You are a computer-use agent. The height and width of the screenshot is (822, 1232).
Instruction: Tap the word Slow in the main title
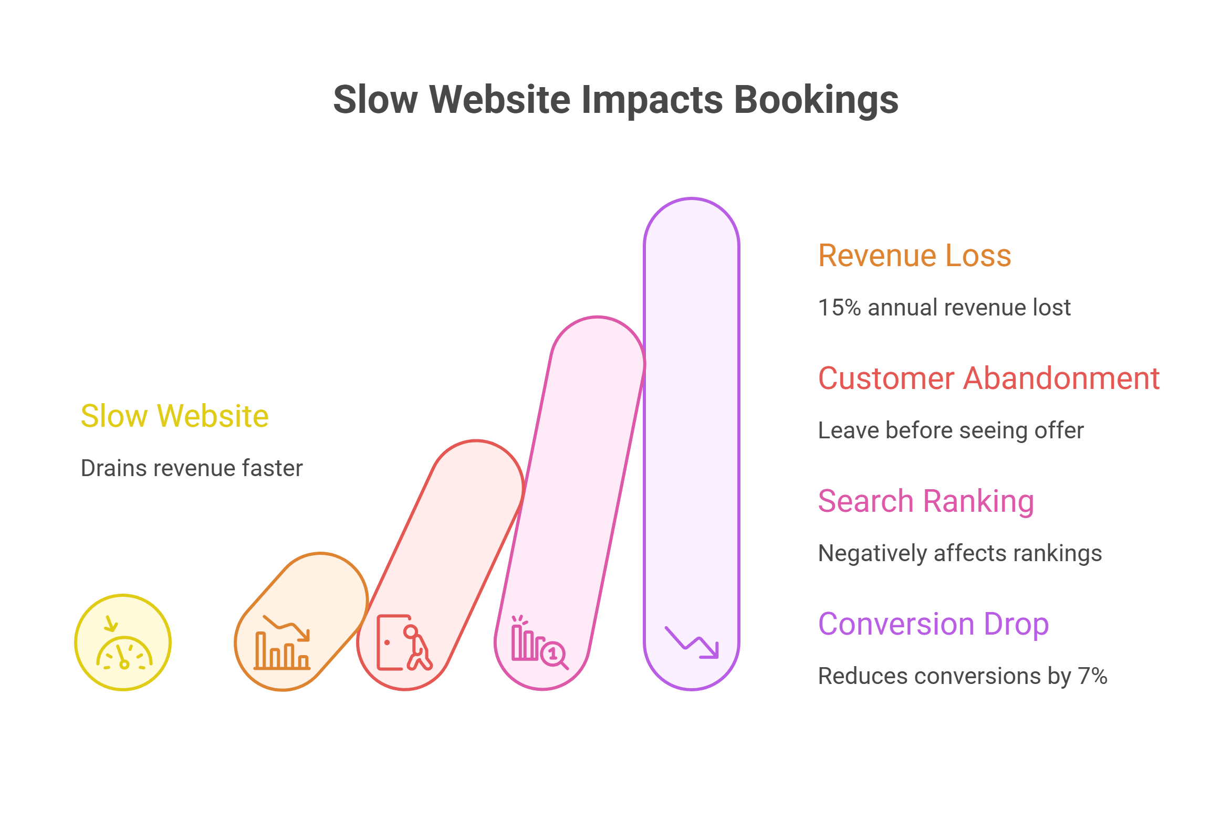tap(375, 99)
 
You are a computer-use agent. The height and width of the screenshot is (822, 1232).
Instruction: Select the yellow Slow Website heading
tap(174, 416)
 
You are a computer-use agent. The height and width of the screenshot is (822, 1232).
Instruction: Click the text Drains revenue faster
tap(192, 468)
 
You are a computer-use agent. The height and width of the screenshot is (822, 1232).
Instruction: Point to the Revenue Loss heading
tap(914, 256)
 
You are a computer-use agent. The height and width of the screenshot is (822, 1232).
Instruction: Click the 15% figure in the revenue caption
tap(839, 308)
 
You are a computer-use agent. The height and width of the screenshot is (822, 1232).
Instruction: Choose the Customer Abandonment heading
tap(988, 378)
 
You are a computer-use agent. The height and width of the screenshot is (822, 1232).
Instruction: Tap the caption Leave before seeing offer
tap(951, 430)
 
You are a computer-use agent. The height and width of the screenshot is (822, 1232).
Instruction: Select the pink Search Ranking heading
tap(926, 501)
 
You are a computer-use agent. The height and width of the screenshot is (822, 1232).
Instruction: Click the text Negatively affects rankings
tap(960, 553)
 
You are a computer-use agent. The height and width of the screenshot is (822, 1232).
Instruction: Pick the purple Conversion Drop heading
tap(933, 624)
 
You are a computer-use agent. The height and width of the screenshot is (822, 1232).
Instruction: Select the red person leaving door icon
tap(404, 643)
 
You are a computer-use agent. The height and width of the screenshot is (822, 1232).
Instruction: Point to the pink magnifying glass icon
tap(553, 654)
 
